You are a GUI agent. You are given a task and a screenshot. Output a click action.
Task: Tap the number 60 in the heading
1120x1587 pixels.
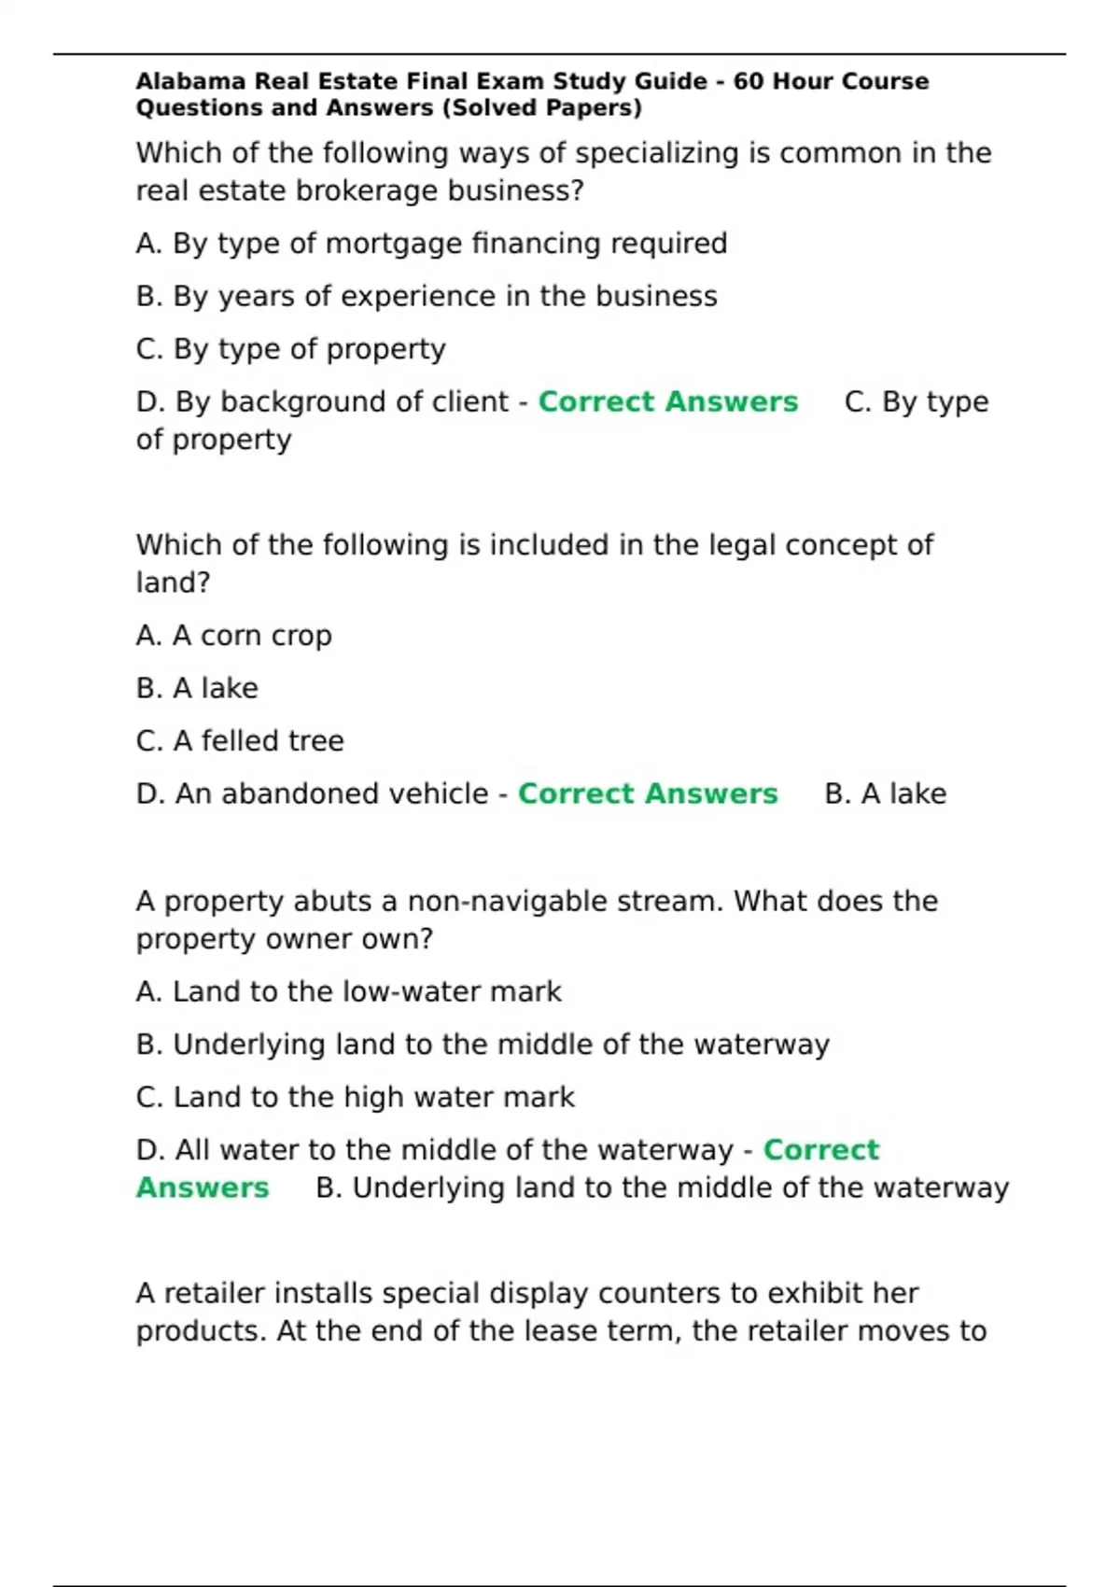click(x=749, y=81)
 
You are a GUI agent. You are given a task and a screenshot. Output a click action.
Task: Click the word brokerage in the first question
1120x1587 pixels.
click(x=369, y=190)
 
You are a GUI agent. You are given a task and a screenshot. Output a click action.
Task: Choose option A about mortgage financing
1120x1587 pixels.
click(x=431, y=244)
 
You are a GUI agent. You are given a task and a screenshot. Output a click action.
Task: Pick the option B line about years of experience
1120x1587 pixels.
click(x=427, y=296)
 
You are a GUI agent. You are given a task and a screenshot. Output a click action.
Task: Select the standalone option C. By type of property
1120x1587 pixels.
click(x=290, y=349)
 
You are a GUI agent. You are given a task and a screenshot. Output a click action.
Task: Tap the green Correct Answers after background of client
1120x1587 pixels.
click(x=667, y=401)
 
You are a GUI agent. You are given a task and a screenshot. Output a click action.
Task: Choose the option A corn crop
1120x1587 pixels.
click(x=233, y=636)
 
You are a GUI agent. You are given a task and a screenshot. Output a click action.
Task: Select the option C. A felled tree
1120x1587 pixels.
click(x=240, y=741)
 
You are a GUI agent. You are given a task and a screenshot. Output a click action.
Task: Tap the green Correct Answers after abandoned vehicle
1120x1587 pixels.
click(x=647, y=793)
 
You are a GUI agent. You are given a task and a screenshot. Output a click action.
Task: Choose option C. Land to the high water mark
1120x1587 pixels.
click(x=355, y=1097)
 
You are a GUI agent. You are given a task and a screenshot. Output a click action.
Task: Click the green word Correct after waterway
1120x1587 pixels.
click(x=820, y=1149)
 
